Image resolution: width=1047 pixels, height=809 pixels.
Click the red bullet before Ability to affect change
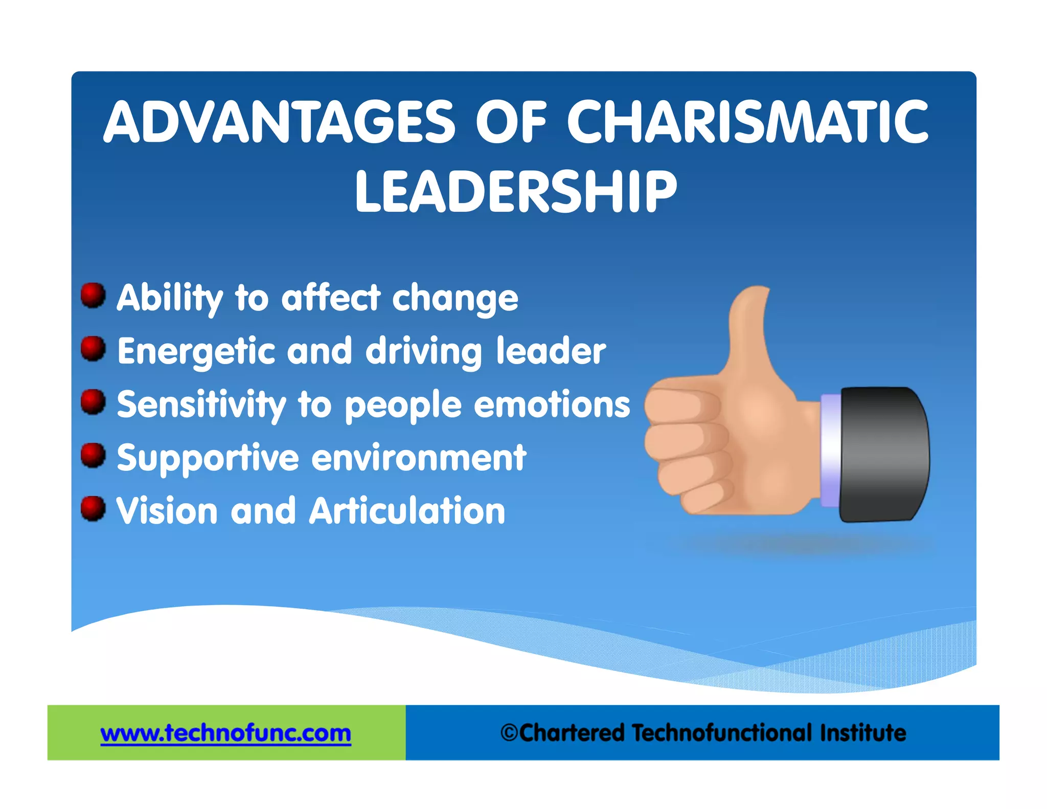click(x=93, y=295)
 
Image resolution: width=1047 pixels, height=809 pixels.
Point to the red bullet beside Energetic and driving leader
click(x=93, y=348)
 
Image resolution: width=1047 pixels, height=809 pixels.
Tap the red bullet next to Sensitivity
click(x=93, y=401)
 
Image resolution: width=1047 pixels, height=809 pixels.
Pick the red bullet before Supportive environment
click(x=93, y=455)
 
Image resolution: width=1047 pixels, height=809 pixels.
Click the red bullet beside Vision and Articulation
click(x=93, y=508)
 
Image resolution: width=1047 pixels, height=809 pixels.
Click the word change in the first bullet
click(x=455, y=299)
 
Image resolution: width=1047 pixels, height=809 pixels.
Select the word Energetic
click(x=197, y=352)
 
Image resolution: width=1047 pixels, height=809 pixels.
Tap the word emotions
click(x=552, y=405)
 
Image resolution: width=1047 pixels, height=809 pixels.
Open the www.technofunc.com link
click(x=225, y=733)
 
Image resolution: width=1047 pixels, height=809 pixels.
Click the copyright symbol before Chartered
click(x=509, y=733)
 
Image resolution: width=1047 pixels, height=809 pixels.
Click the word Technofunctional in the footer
click(x=722, y=733)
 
